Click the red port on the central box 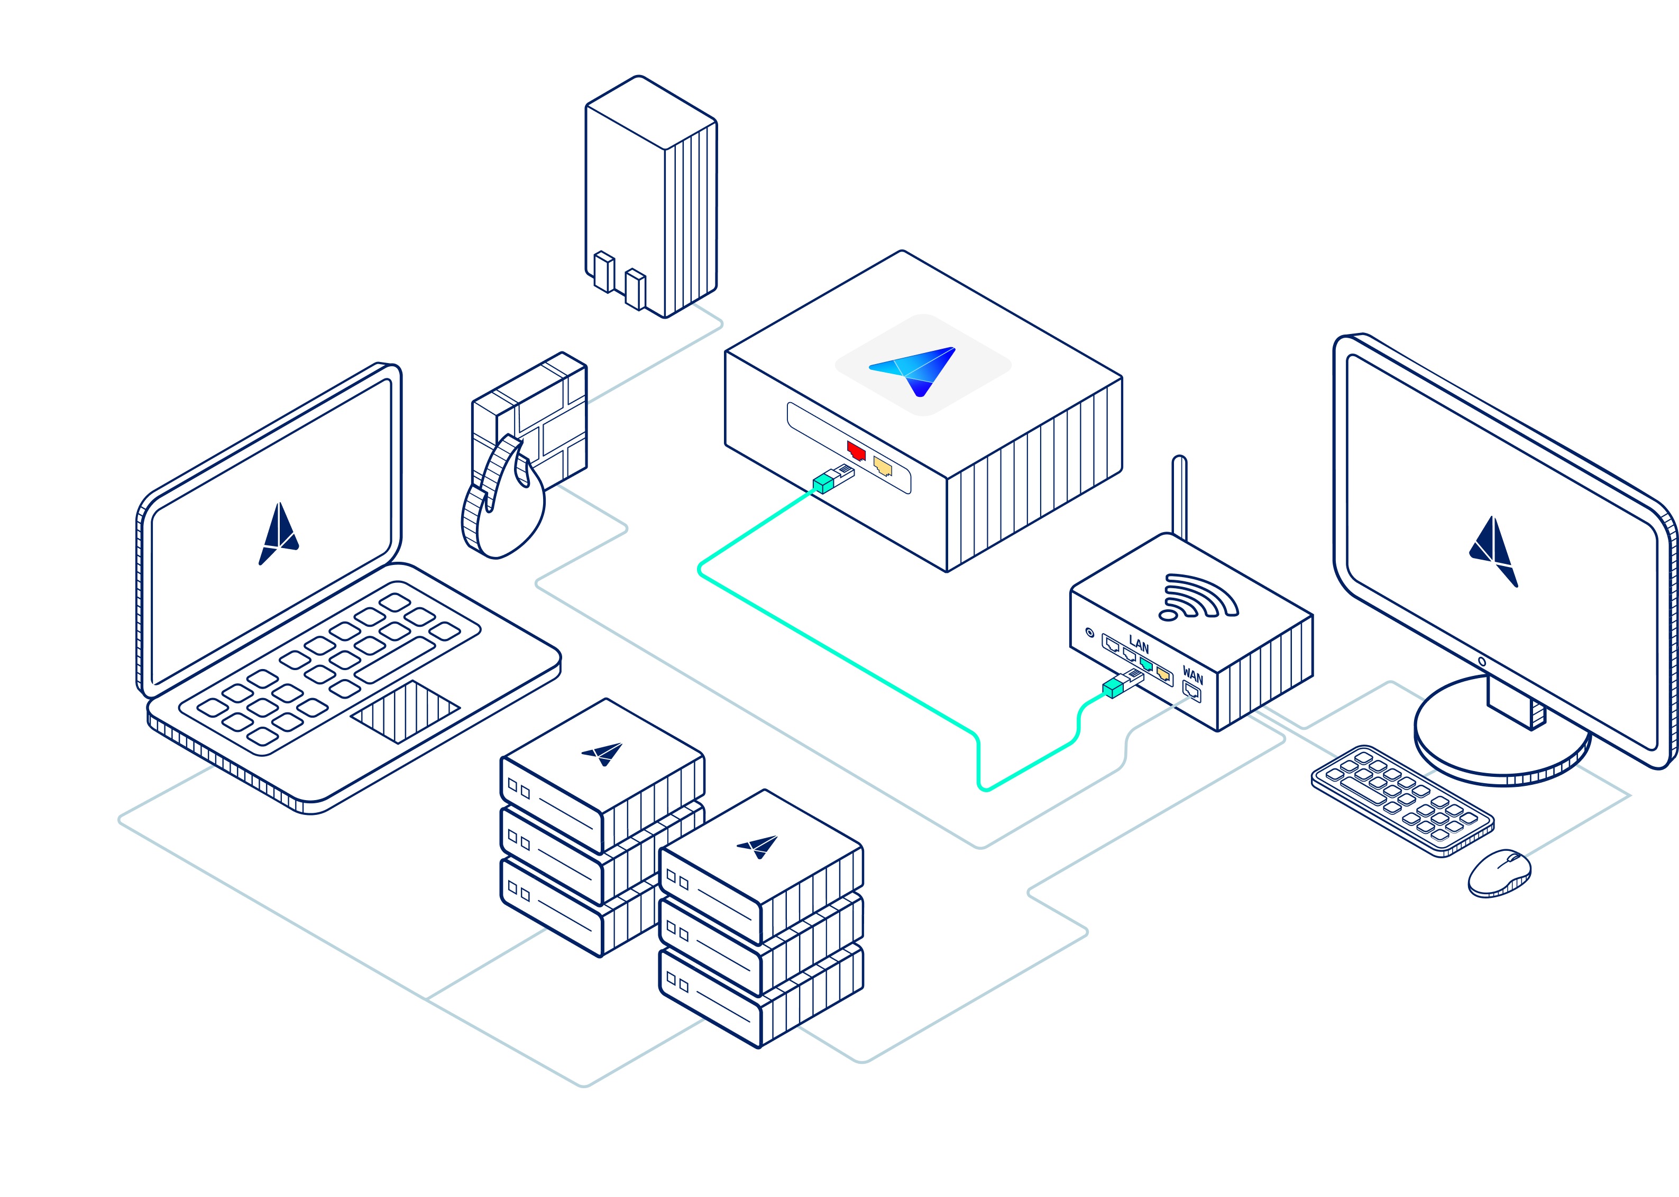point(855,450)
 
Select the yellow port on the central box point(883,466)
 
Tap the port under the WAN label point(1191,691)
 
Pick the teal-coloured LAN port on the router point(1145,665)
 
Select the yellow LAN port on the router point(1163,673)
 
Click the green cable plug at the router point(1114,689)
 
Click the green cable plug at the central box point(824,484)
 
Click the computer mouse point(1499,874)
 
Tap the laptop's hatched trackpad point(405,711)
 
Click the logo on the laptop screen point(279,534)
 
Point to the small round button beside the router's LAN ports point(1090,633)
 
